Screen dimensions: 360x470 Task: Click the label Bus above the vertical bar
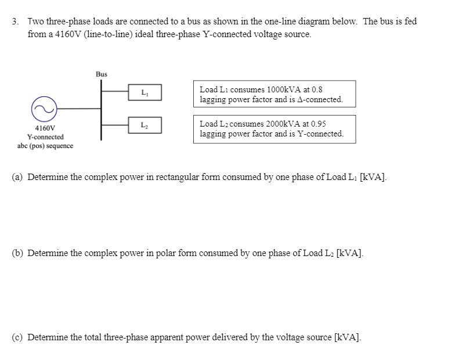102,74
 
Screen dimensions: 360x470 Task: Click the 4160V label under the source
45,128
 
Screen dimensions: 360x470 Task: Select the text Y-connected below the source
45,137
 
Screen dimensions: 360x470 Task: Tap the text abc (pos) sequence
45,146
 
